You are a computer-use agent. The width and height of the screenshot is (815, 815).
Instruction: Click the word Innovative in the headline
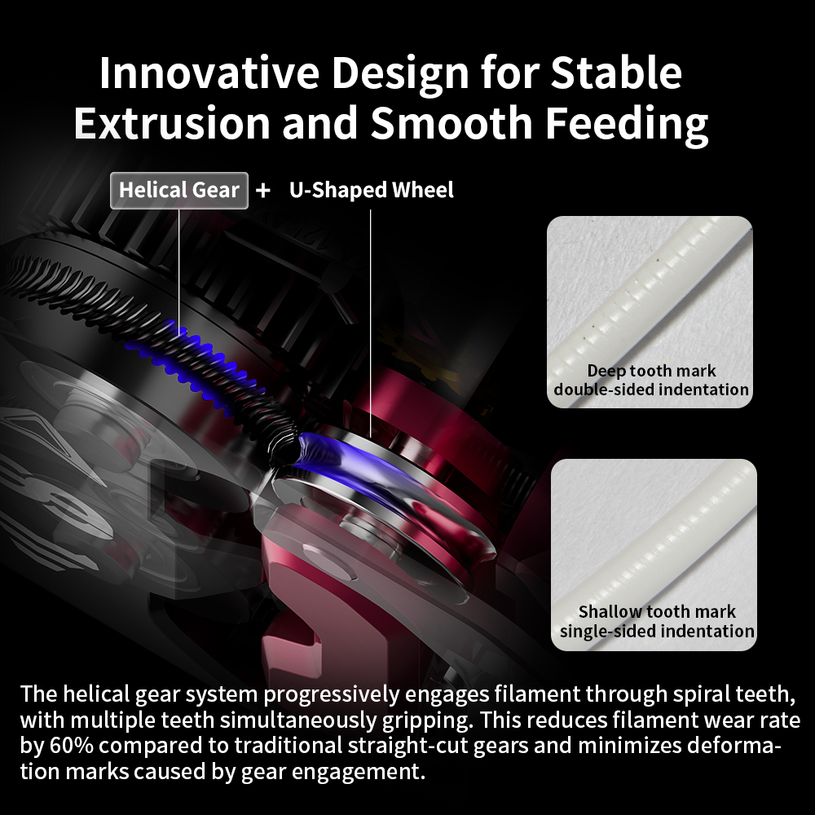click(209, 73)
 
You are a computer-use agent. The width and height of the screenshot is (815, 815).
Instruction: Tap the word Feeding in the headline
click(626, 124)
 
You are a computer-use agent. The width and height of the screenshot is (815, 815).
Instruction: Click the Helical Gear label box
click(178, 190)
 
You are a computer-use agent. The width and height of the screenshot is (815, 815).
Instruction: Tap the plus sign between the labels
click(263, 190)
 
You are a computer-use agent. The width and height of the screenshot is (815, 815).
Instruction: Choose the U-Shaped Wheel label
click(371, 190)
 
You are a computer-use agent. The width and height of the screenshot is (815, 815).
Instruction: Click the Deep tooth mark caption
click(651, 371)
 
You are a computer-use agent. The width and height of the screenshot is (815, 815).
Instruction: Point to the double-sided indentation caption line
click(651, 390)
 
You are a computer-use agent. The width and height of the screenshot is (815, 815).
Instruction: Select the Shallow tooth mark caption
click(657, 612)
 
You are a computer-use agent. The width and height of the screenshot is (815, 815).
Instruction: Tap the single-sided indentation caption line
click(657, 631)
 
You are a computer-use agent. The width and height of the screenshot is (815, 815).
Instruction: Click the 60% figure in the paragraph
click(72, 746)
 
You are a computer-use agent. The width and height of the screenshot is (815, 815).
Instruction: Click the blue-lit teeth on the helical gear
click(192, 359)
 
